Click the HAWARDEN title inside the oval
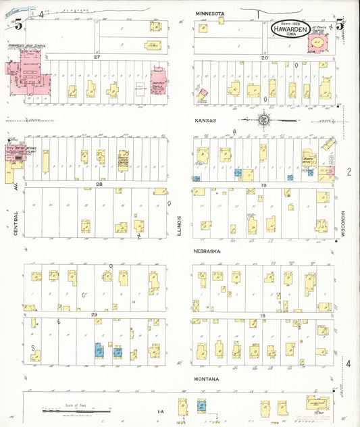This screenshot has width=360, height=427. click(290, 30)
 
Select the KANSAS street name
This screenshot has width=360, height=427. click(204, 120)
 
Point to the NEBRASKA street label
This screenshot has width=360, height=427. click(206, 251)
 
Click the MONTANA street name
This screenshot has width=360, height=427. click(206, 379)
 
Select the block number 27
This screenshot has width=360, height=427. click(97, 57)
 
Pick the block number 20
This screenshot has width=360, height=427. click(265, 57)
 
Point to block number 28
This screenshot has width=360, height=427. click(99, 184)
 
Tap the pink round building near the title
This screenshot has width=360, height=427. click(316, 43)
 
